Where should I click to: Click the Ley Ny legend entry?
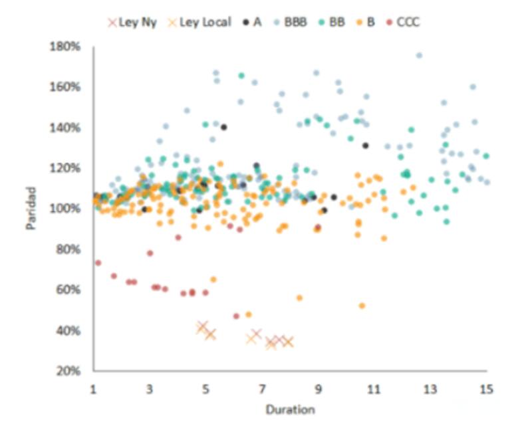pyautogui.click(x=132, y=23)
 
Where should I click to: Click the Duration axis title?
pyautogui.click(x=290, y=409)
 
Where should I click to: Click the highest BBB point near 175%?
pyautogui.click(x=419, y=56)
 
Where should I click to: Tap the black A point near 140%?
pyautogui.click(x=224, y=127)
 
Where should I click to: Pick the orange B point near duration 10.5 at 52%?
pyautogui.click(x=362, y=306)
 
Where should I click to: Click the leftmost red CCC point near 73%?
pyautogui.click(x=98, y=263)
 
